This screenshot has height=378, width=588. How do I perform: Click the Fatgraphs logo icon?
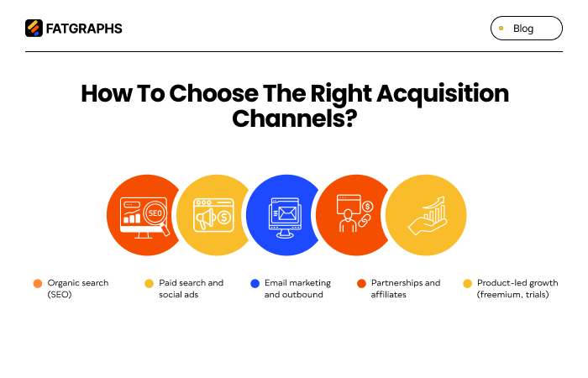coord(34,29)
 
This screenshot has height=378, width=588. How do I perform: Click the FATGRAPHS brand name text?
coord(83,29)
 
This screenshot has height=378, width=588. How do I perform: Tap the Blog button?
coord(526,29)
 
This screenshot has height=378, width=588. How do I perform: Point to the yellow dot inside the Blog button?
coord(501,29)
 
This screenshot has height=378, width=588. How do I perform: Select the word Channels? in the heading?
coord(295,118)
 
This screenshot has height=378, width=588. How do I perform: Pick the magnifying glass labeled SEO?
coord(155,215)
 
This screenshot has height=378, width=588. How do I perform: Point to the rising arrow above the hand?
coord(433,202)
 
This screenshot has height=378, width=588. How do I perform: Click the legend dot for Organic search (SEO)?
coord(38,283)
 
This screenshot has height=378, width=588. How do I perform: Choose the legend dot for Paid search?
coord(149,283)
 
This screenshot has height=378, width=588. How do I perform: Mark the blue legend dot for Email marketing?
coord(255,283)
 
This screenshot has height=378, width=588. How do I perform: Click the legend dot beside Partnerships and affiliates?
coord(361,283)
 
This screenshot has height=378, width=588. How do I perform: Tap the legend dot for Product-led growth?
coord(467,283)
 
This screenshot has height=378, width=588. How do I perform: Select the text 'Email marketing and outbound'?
coord(297,289)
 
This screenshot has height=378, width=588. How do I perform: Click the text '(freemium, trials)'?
coord(512,295)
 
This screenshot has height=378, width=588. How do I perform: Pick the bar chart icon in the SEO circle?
coord(132,217)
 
